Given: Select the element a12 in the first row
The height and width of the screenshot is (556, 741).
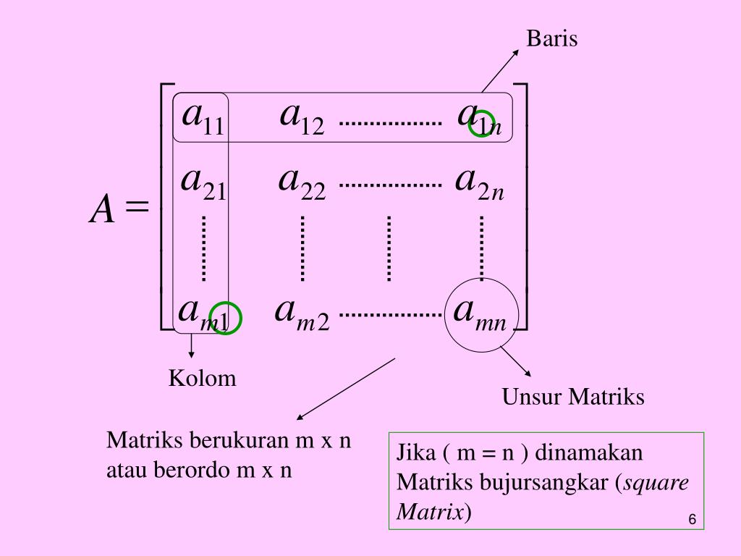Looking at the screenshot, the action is tap(302, 117).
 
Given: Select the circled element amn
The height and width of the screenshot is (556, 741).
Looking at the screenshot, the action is tap(480, 314).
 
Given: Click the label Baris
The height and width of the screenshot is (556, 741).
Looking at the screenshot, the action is tap(552, 38).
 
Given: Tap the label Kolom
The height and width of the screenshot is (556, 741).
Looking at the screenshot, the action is tap(203, 378).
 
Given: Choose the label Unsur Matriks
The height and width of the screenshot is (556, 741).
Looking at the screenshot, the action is tap(573, 397).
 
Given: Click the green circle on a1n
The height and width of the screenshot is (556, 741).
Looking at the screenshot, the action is tap(482, 124).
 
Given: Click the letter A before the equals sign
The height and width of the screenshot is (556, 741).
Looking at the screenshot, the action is tap(102, 211).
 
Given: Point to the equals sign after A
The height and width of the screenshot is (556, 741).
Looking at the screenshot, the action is tap(136, 208).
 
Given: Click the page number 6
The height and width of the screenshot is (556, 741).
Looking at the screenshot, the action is tap(692, 521).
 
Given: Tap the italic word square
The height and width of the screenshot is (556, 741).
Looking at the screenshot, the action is tap(656, 483).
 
